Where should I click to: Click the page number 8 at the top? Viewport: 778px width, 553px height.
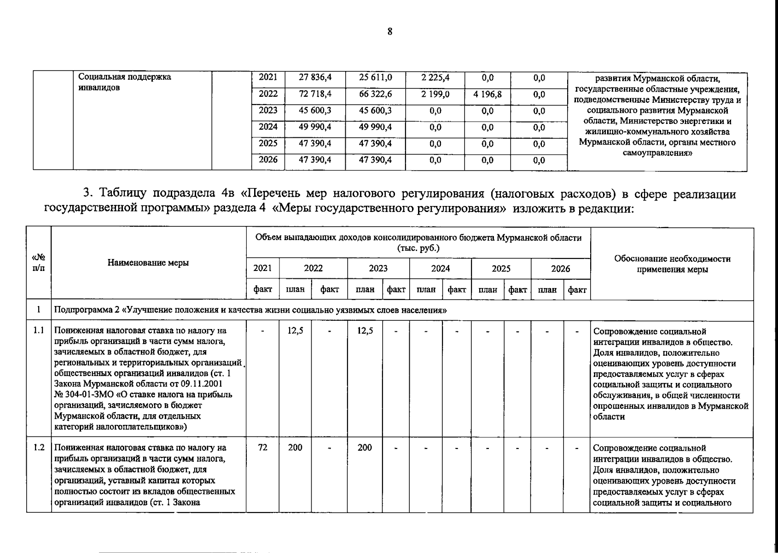click(390, 32)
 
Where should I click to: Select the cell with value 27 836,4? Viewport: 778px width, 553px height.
click(315, 78)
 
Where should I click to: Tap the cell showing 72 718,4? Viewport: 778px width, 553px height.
click(315, 94)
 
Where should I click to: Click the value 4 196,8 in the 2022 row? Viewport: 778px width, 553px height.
click(488, 94)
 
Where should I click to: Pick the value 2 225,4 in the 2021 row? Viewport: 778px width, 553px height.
click(435, 78)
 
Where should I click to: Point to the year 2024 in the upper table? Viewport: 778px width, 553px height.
click(268, 127)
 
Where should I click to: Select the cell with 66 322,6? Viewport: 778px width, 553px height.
click(375, 94)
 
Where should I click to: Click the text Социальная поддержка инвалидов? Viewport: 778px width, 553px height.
click(125, 82)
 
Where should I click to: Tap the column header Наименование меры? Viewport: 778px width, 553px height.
click(148, 263)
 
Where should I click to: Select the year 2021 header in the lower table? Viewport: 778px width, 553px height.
click(262, 269)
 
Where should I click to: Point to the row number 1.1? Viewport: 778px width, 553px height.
click(39, 330)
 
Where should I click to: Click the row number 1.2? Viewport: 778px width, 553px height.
click(39, 447)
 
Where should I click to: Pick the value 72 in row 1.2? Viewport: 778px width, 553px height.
click(262, 447)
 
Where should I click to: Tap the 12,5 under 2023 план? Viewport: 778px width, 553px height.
click(365, 330)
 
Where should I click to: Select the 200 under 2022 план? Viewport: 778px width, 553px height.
click(295, 447)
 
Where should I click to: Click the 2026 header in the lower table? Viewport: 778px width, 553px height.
click(560, 269)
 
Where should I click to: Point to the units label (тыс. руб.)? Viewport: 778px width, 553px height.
click(418, 248)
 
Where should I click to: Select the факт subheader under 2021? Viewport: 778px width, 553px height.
click(262, 290)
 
